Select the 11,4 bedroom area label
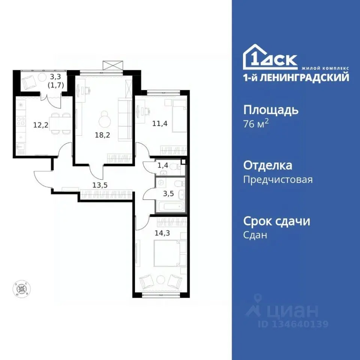click(x=159, y=121)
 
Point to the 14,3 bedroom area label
click(x=161, y=232)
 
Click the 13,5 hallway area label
click(x=101, y=184)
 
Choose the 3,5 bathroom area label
click(x=165, y=194)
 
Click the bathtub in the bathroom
click(x=169, y=206)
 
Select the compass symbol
click(x=21, y=289)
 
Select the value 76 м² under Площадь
click(x=256, y=124)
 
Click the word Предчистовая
click(x=277, y=180)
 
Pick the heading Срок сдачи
click(x=277, y=221)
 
